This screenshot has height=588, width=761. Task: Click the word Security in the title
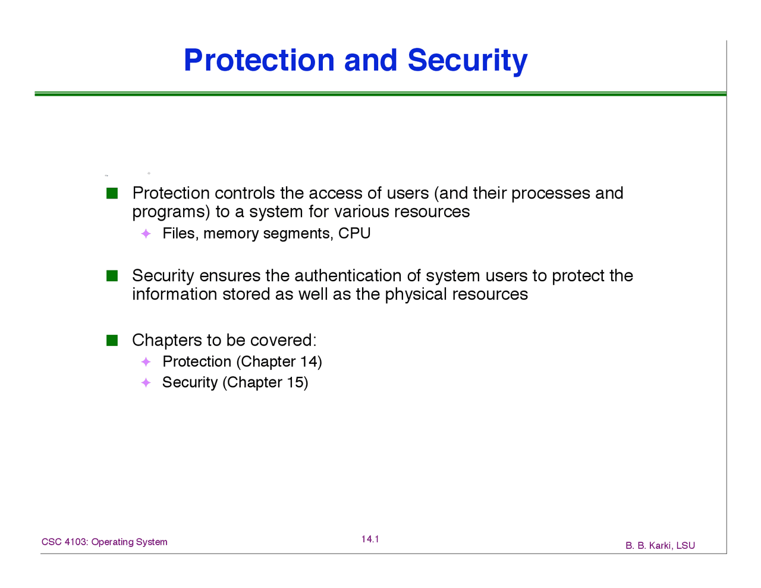467,61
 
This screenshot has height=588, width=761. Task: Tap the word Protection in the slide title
259,60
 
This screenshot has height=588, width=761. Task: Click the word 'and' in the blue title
371,60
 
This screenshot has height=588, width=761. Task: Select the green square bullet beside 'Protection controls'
112,193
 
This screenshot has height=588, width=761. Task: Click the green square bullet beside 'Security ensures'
112,276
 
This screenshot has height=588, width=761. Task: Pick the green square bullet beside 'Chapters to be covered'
112,340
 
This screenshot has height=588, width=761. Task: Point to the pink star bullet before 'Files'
146,234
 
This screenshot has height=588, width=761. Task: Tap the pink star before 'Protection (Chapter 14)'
146,361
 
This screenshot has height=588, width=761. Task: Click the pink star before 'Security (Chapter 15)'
146,382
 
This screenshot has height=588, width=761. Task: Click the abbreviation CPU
354,233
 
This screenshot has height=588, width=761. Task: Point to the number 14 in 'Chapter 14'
309,361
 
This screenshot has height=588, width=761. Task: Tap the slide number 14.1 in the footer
370,539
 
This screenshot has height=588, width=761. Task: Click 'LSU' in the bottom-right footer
685,546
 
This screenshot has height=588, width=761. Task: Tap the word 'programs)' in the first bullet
171,212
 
